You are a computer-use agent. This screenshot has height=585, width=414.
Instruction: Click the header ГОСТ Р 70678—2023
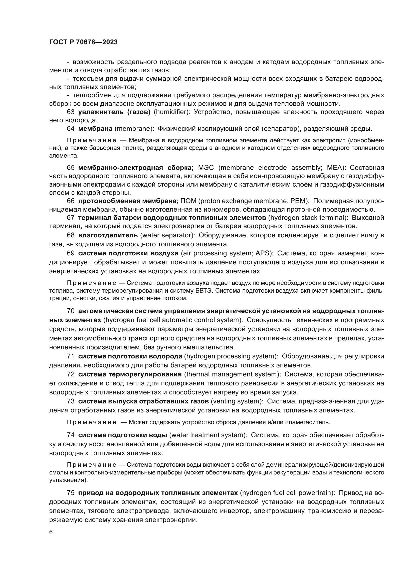tap(83, 42)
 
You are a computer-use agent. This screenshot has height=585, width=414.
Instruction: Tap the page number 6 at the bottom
tap(51, 532)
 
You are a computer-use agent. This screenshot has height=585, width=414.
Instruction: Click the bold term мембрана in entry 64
tap(95, 129)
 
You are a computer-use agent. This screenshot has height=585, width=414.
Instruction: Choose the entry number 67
tap(71, 218)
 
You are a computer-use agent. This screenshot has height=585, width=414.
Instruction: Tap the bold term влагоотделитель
tap(108, 235)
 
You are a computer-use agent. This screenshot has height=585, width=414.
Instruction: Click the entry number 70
tap(71, 311)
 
